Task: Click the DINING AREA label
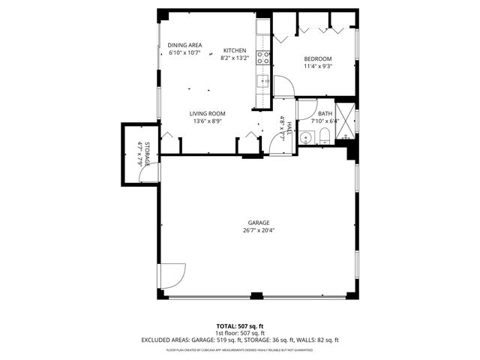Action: (x=184, y=45)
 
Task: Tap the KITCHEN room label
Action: (x=234, y=51)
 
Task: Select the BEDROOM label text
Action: (x=317, y=58)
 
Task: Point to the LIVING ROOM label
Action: (x=207, y=113)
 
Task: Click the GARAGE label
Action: (x=259, y=223)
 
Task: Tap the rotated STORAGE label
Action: (x=148, y=153)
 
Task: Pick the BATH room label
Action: (x=325, y=113)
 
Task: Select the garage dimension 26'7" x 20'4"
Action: (x=259, y=230)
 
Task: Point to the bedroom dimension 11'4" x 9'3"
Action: (x=317, y=66)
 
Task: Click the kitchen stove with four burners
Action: (x=263, y=55)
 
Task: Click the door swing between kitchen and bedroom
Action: (x=283, y=86)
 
